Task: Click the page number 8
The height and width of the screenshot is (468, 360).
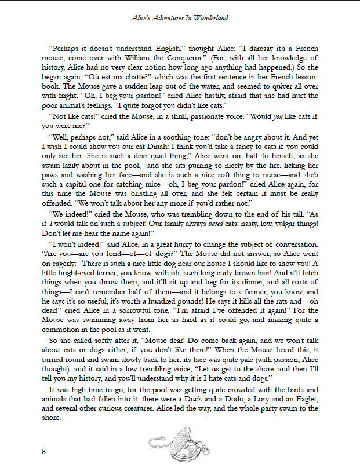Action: tap(43, 451)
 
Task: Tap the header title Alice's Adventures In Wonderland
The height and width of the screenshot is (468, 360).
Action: tap(179, 18)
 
